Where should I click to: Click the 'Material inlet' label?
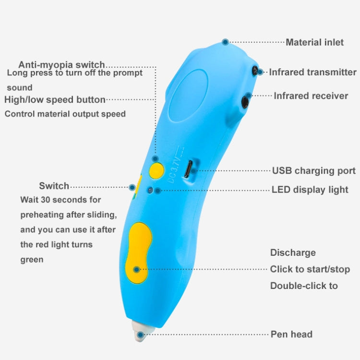point(314,42)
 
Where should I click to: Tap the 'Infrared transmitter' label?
point(312,72)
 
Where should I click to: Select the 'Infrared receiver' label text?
point(311,96)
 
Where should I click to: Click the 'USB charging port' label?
point(314,170)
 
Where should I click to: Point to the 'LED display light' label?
point(310,189)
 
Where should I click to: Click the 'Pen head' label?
point(291,334)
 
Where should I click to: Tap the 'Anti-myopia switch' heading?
point(61,65)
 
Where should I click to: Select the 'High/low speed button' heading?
point(55,99)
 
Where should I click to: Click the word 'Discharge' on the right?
point(293,252)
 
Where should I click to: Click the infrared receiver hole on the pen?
point(246,102)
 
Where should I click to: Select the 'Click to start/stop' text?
point(310,269)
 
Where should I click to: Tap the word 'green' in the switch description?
point(32,260)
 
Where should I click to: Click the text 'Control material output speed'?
point(65,114)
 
